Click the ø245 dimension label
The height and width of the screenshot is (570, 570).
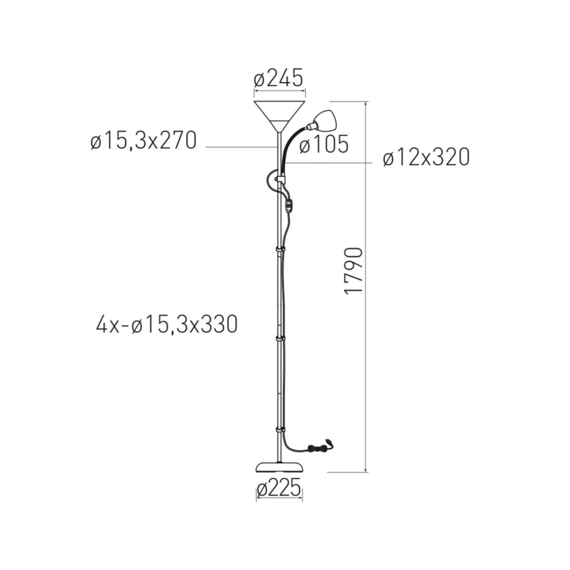279,78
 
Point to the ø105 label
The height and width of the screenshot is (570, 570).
323,144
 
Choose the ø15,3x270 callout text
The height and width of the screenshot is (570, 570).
143,140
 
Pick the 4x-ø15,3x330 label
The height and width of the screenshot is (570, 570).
167,324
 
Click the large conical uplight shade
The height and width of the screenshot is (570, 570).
279,116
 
